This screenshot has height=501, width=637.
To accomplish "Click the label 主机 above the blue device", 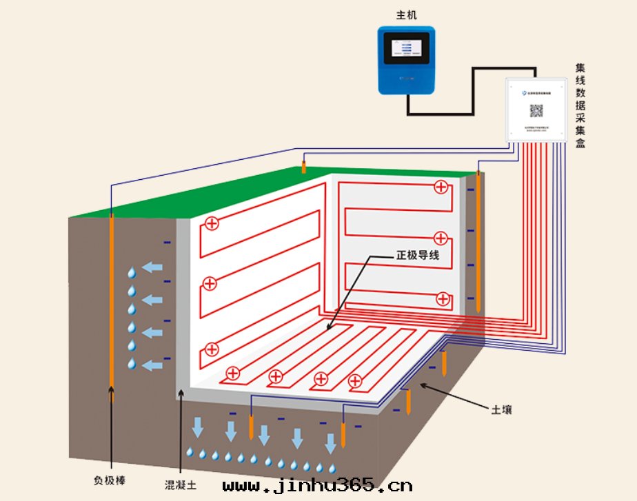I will pos(406,14).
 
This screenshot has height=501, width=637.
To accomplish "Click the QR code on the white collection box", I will pos(536,111).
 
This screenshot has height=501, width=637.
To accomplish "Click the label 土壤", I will pos(501,409).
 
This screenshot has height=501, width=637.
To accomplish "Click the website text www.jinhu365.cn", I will pos(318,487).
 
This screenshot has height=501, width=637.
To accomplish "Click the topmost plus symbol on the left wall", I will pos(212,223).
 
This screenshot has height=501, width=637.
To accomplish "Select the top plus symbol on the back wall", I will pos(441,186).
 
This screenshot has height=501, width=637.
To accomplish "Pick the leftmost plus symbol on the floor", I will pos(233,374).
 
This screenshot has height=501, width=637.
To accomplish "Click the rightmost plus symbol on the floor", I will pos(356,380).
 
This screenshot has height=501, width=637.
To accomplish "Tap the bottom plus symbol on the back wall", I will pos(442,298).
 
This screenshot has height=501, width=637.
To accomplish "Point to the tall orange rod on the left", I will pos(111,303).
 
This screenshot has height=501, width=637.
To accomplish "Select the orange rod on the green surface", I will pos(303,167).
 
